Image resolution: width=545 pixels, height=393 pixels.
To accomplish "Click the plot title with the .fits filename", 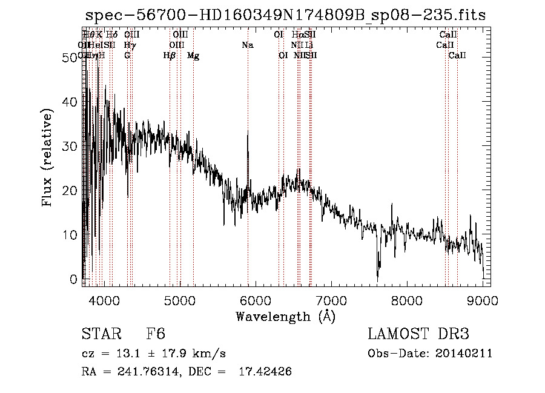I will pyautogui.click(x=285, y=15).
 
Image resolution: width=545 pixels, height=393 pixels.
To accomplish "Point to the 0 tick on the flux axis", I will pyautogui.click(x=74, y=280).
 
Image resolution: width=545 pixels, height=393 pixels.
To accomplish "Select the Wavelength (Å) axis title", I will pyautogui.click(x=285, y=316).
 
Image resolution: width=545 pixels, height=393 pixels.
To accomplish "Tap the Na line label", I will pyautogui.click(x=247, y=45).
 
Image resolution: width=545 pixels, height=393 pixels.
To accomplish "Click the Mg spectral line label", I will pyautogui.click(x=193, y=56).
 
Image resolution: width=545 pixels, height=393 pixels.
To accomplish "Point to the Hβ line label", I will pyautogui.click(x=169, y=56).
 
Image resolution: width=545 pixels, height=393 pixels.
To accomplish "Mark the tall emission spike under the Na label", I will pyautogui.click(x=247, y=133).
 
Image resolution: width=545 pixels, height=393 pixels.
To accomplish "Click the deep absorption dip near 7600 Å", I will pyautogui.click(x=377, y=276).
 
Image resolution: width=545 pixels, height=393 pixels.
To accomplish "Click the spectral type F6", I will pyautogui.click(x=156, y=334).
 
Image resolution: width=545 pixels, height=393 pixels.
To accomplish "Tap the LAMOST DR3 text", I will pyautogui.click(x=418, y=334).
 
